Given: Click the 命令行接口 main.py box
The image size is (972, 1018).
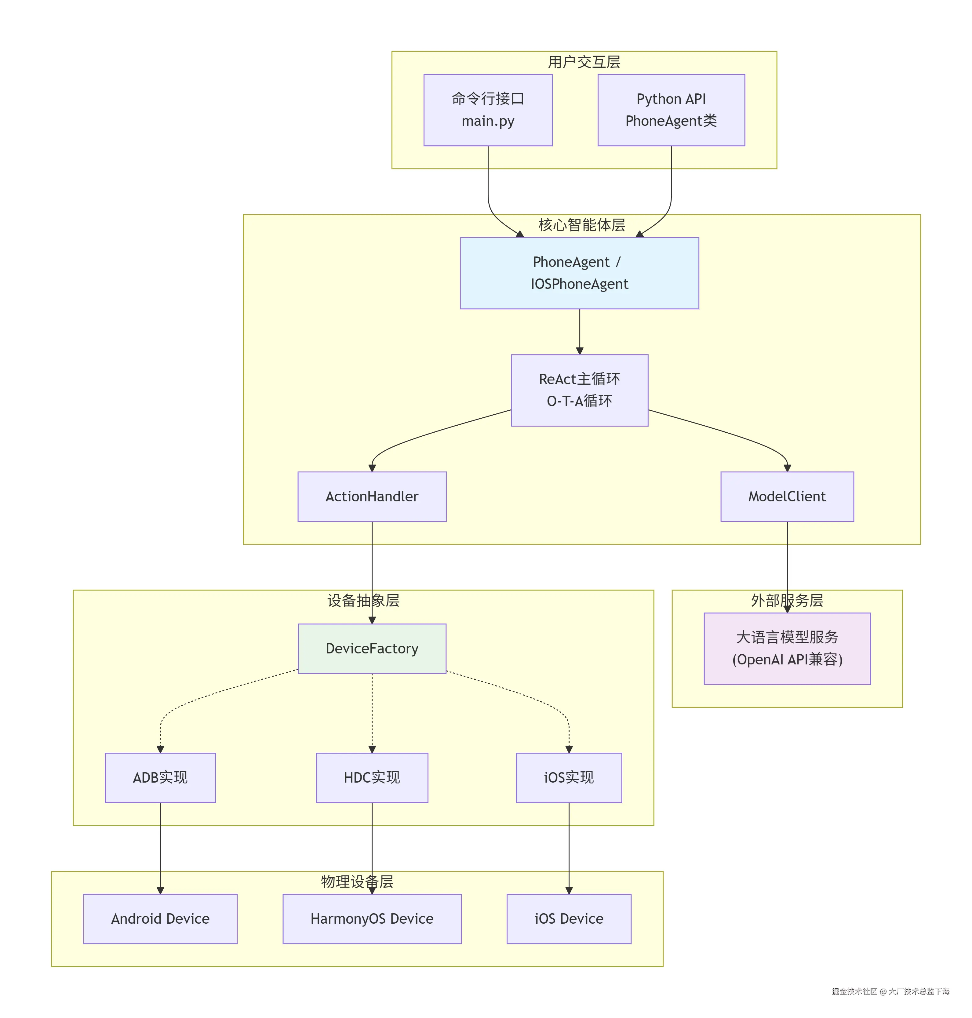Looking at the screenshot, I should point(488,110).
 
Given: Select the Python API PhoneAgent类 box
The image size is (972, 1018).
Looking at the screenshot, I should point(671,110).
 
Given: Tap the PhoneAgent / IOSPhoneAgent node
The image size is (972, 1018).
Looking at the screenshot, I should point(579,273).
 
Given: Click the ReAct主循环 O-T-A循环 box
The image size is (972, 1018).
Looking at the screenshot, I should point(579,390).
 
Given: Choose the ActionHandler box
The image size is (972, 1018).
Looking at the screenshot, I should point(372,496).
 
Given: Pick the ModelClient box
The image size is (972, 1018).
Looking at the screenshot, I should point(787,496).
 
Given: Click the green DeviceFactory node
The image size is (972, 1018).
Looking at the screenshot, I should point(372,648).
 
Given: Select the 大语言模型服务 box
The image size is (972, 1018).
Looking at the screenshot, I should point(787,648).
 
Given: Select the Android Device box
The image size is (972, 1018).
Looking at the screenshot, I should point(160,918).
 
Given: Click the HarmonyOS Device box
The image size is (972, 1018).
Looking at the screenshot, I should point(372,918).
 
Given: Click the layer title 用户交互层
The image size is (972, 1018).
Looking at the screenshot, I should point(584,62).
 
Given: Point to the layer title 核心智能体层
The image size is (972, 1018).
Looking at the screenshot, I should point(581,225).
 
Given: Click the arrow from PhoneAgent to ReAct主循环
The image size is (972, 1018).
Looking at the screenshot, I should point(579,332).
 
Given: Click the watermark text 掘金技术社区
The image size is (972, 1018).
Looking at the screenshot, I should point(854,991).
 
